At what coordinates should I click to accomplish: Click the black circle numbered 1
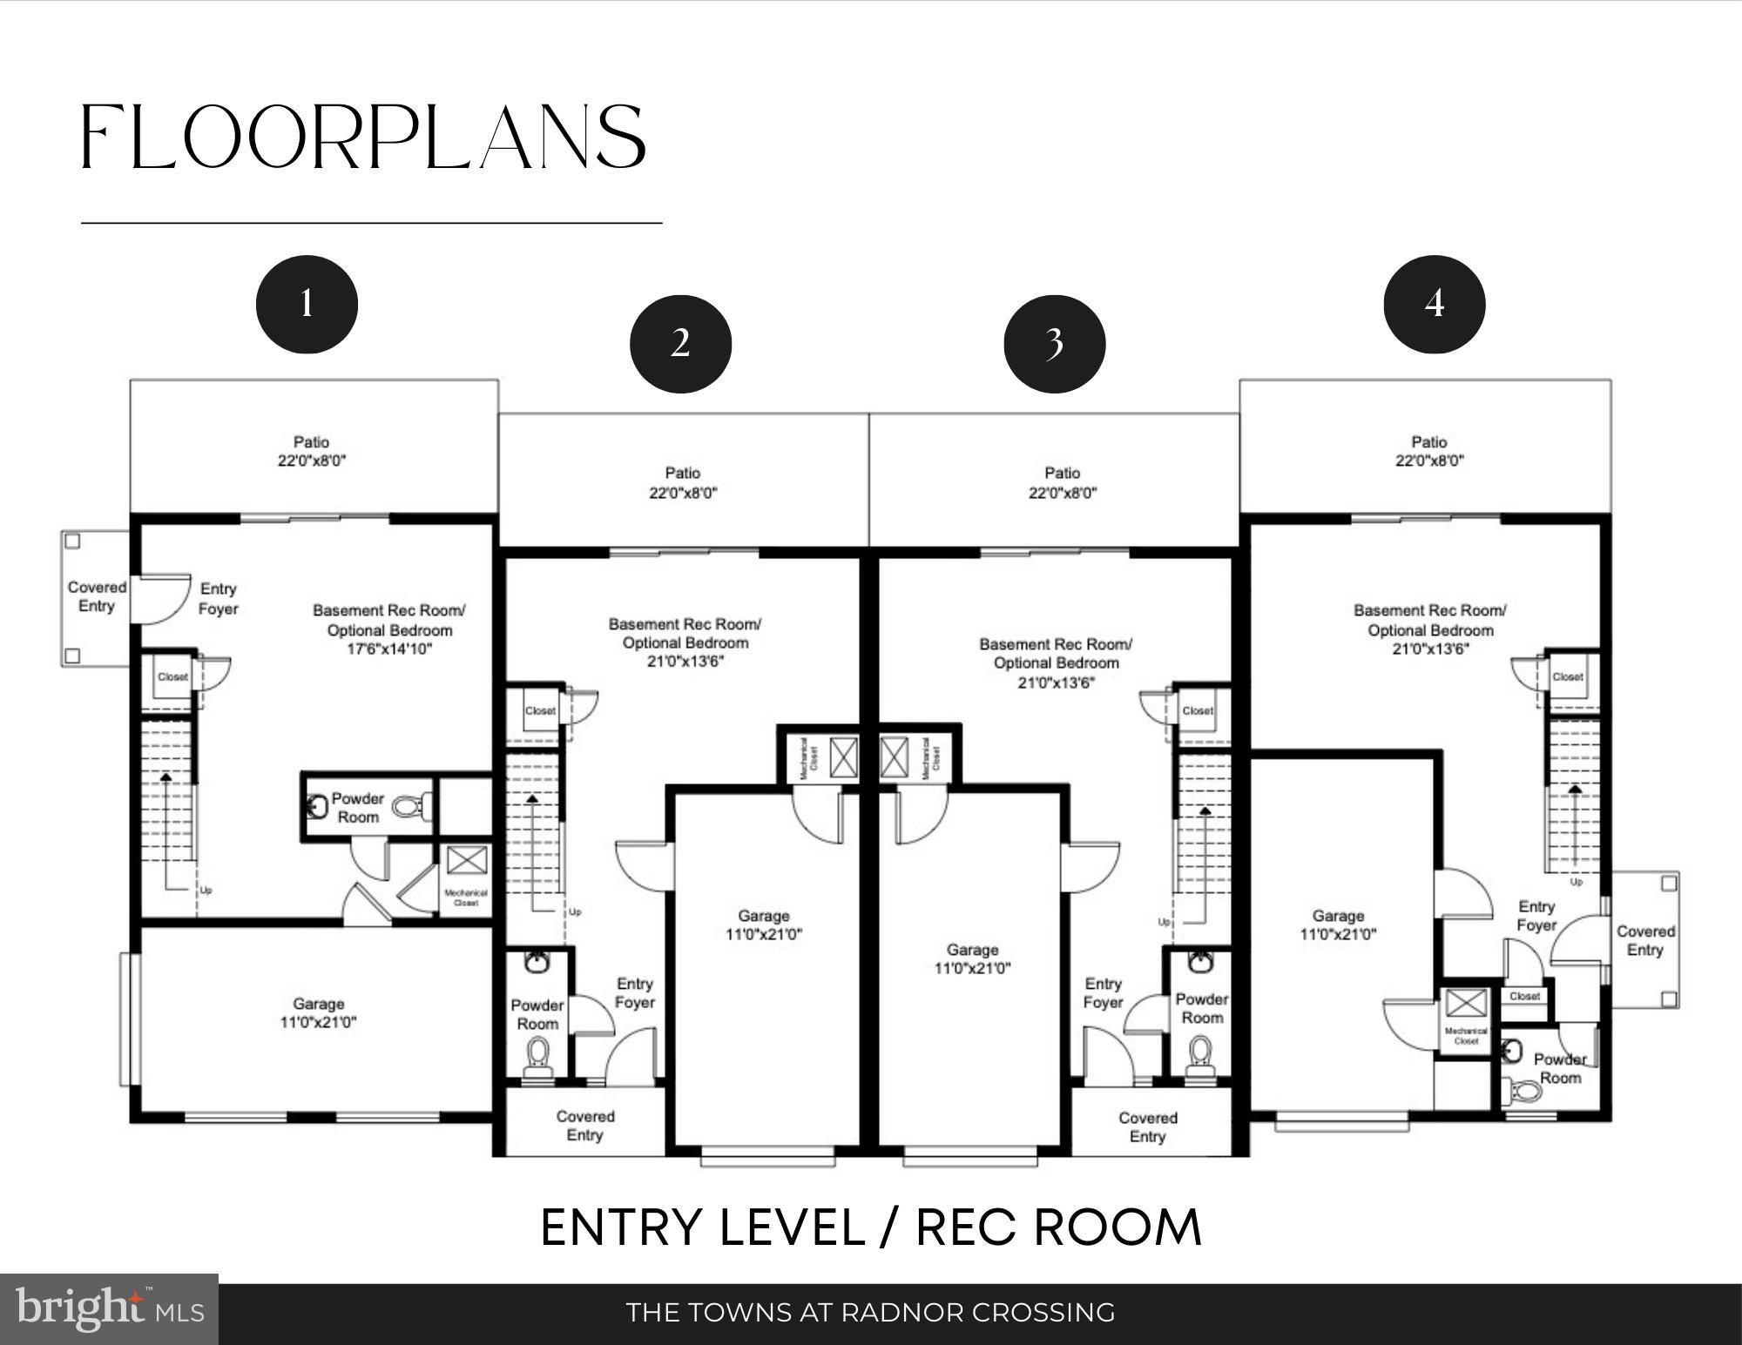pos(307,304)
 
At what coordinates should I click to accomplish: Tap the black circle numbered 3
pos(1054,344)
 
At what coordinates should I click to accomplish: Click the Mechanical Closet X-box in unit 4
pos(1466,1003)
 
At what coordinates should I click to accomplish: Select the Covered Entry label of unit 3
pos(1147,1126)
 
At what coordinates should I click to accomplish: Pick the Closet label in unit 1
pos(172,676)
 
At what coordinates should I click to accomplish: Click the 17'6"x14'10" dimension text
pos(389,649)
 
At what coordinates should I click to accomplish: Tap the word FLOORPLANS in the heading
pos(364,138)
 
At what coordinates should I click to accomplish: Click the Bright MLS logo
pos(109,1309)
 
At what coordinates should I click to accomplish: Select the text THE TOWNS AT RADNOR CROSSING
pos(870,1312)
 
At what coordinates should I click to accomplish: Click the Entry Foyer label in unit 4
pos(1536,916)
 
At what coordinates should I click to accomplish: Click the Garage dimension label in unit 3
pos(972,968)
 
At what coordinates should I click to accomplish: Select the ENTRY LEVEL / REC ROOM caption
pos(870,1227)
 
